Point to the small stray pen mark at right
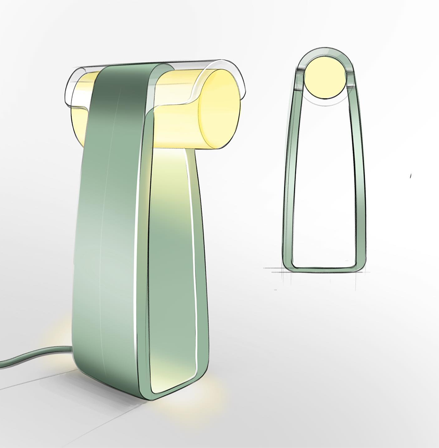pyautogui.click(x=411, y=176)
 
